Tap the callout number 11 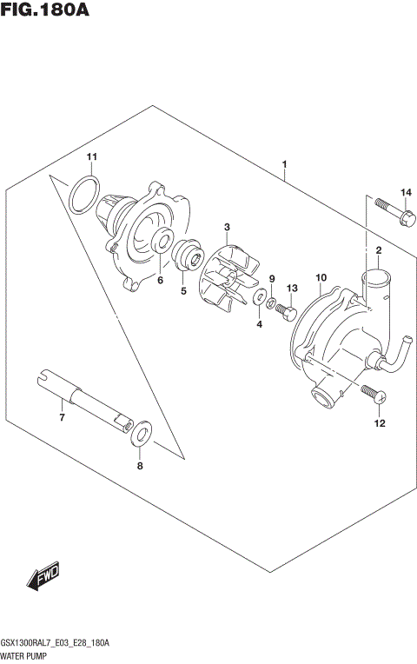point(92,156)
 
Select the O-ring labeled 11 point(83,193)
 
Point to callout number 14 point(405,192)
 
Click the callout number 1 point(284,164)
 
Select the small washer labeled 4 point(259,299)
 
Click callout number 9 point(272,279)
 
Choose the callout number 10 point(321,279)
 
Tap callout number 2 point(379,251)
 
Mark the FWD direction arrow point(42,580)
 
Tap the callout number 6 point(160,280)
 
